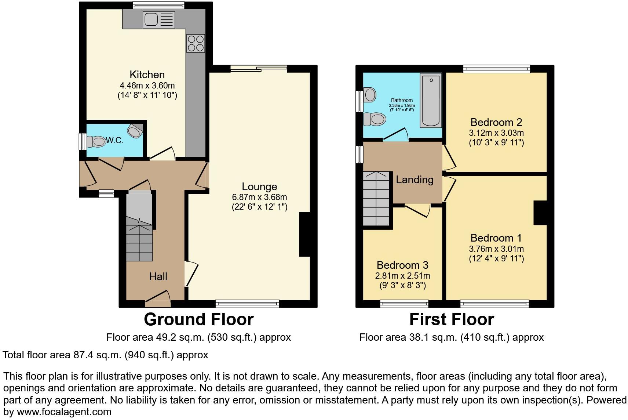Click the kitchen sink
160,19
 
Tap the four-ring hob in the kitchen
196,43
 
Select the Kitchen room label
147,75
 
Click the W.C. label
114,141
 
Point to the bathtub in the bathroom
431,99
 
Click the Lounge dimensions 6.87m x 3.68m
259,197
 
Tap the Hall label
158,276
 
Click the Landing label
415,180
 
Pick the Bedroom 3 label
402,265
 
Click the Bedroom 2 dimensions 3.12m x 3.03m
496,133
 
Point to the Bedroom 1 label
496,238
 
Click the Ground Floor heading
198,319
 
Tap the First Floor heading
452,319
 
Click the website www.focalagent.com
64,412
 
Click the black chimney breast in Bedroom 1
540,213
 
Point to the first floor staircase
376,199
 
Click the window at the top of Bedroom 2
497,69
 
